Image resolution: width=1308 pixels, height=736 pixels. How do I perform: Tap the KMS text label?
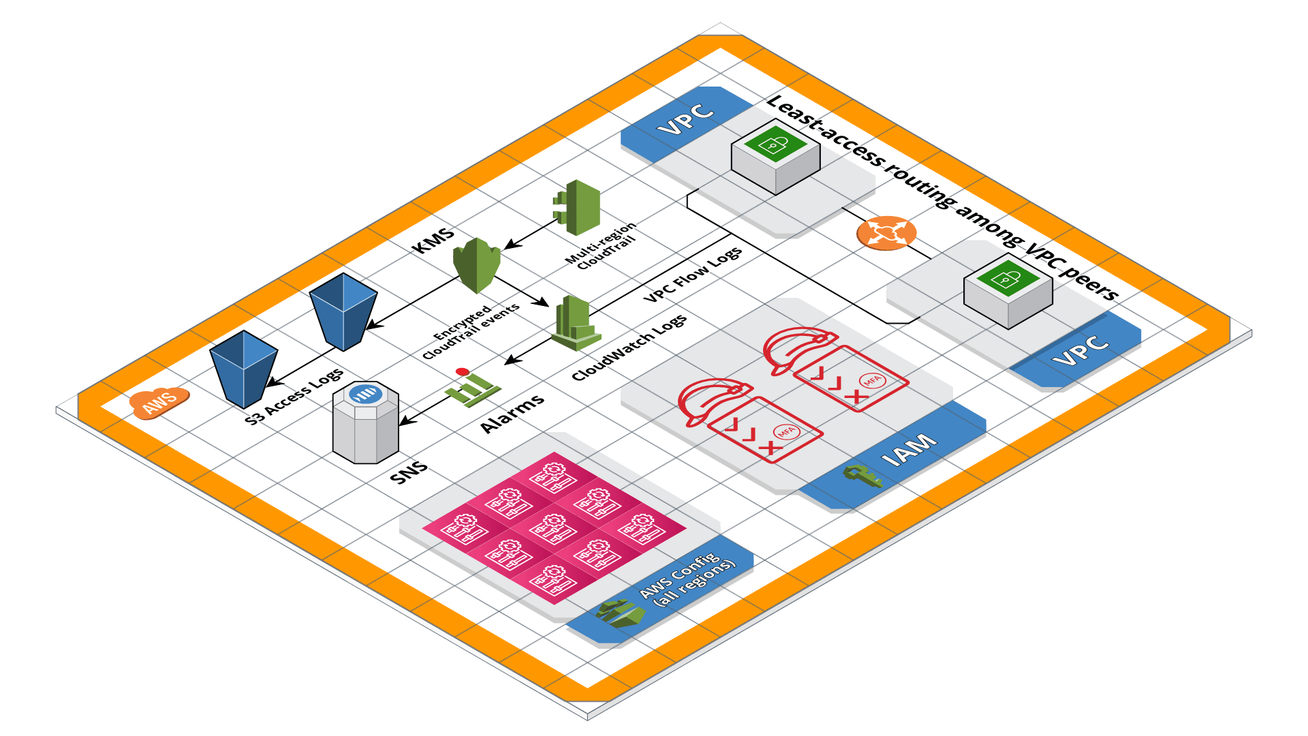tap(433, 241)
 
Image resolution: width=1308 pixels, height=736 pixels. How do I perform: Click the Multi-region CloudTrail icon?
tap(578, 207)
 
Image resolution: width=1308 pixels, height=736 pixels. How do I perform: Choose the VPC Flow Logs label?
tap(693, 275)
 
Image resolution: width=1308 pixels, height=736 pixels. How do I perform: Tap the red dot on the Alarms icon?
tap(463, 371)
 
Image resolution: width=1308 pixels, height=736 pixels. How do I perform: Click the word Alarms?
tap(512, 413)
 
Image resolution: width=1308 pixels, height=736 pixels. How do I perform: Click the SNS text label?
tap(409, 472)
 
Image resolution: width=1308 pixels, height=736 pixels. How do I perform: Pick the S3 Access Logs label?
tap(294, 397)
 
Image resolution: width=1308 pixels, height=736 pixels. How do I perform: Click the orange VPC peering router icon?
tap(886, 233)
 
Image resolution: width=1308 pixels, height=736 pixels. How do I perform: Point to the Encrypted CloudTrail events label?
tap(470, 331)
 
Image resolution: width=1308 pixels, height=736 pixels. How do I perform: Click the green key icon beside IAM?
tap(862, 476)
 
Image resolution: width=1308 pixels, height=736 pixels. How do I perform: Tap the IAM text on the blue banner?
tap(909, 450)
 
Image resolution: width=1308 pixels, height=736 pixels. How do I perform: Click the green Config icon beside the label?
tap(620, 613)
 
